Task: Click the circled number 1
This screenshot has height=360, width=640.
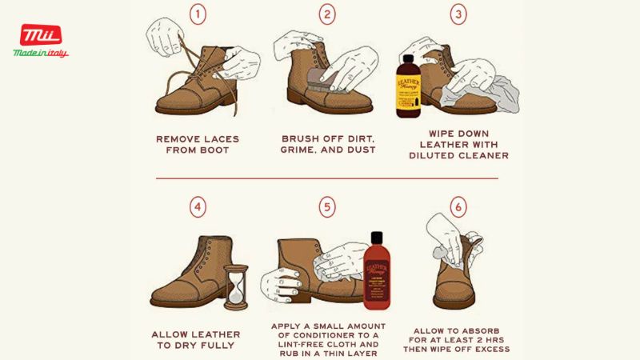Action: pyautogui.click(x=197, y=14)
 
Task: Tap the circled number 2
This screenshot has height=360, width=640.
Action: pyautogui.click(x=326, y=14)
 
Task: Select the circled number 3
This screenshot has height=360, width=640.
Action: pyautogui.click(x=458, y=14)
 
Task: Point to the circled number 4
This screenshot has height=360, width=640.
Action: pyautogui.click(x=197, y=207)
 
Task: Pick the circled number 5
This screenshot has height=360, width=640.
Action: pyautogui.click(x=326, y=207)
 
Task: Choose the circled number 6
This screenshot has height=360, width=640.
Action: pyautogui.click(x=458, y=207)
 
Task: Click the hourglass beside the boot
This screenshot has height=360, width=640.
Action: pyautogui.click(x=235, y=287)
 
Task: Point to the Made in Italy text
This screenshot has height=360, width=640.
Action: pyautogui.click(x=41, y=53)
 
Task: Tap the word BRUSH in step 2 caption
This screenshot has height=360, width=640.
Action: pyautogui.click(x=302, y=138)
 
